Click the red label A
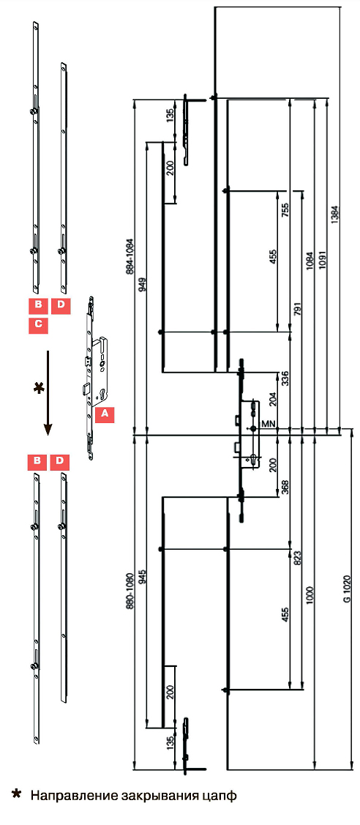(105, 414)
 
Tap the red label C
(38, 324)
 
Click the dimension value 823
(299, 559)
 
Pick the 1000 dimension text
(310, 594)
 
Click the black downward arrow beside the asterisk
(48, 392)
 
